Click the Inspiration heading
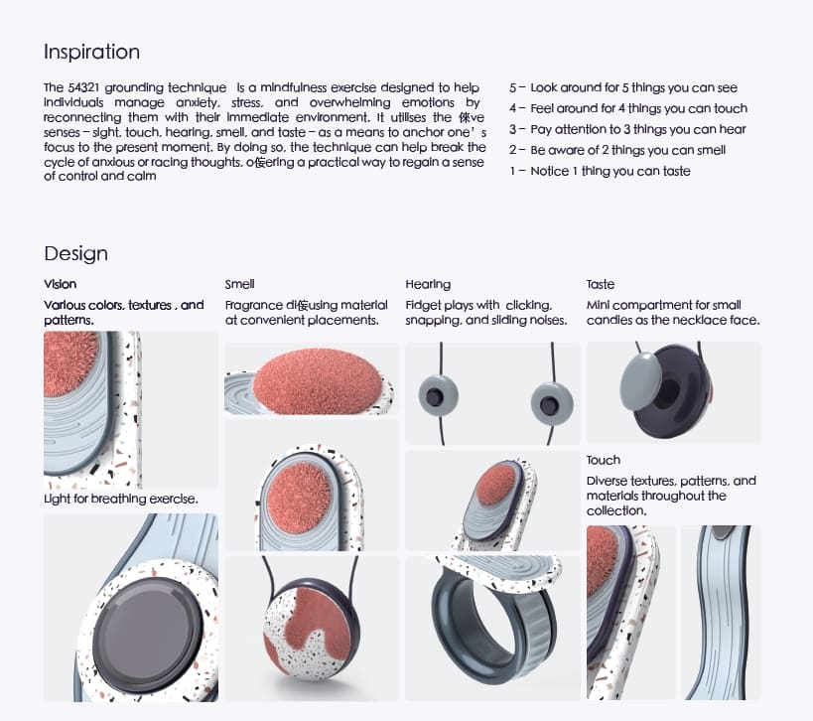point(91,52)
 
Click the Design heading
point(75,253)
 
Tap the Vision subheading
point(60,284)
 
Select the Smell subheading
point(239,284)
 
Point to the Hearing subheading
point(428,284)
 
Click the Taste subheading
point(601,284)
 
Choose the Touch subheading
point(603,460)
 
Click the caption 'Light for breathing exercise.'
point(120,499)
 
